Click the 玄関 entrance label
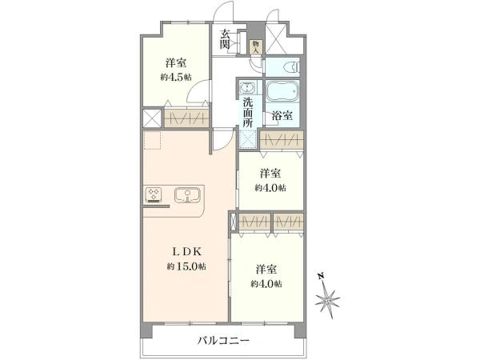224,39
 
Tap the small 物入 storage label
255,47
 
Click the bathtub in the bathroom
282,91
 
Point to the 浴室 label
282,115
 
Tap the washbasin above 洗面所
246,88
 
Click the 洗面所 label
248,112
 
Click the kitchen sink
187,195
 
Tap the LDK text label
186,252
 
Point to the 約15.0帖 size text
186,266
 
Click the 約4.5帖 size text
176,77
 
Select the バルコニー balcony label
223,341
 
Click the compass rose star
327,298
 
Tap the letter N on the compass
321,277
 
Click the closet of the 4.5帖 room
186,118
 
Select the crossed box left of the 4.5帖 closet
152,118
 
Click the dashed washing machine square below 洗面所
247,138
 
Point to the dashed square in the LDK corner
152,140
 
